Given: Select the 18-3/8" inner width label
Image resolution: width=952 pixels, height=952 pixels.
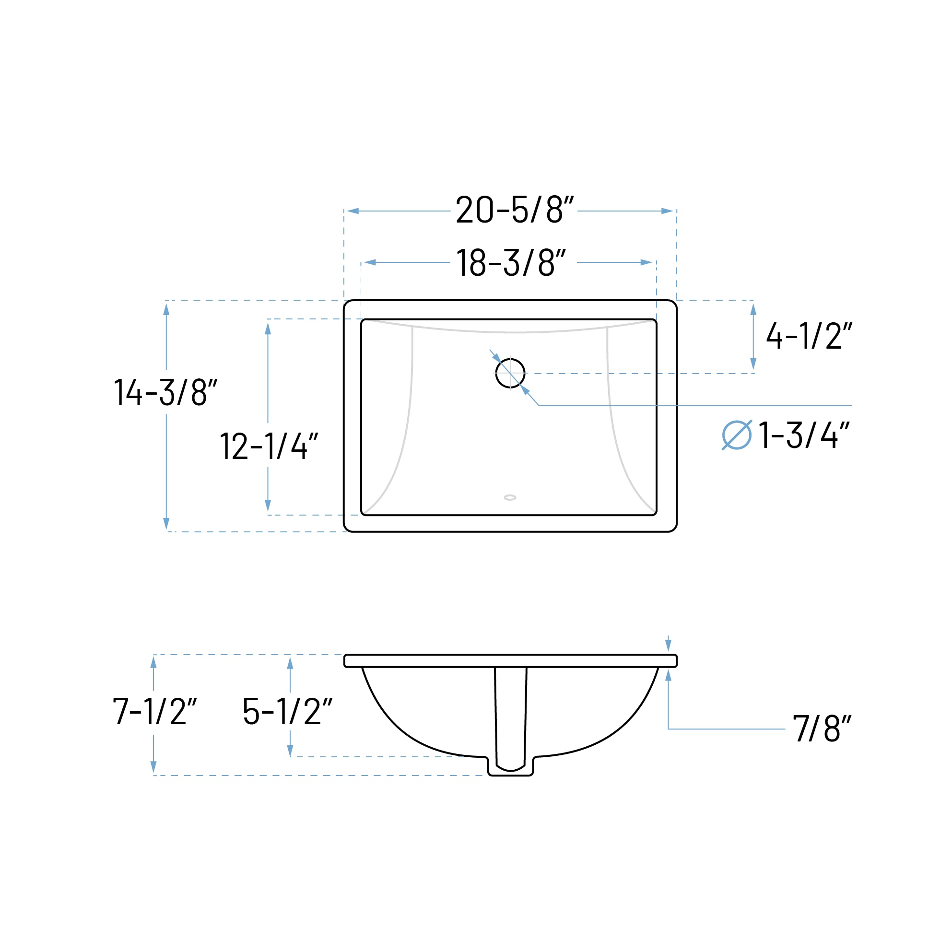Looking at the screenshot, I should pyautogui.click(x=511, y=263).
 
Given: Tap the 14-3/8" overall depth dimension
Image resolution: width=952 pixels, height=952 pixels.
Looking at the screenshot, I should pyautogui.click(x=165, y=392).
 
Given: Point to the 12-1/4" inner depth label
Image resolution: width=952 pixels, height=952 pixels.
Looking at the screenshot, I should pyautogui.click(x=269, y=446).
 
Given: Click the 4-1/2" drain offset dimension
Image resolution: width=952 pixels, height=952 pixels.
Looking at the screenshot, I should pyautogui.click(x=809, y=336).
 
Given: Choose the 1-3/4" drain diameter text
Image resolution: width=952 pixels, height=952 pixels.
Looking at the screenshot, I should pyautogui.click(x=804, y=435).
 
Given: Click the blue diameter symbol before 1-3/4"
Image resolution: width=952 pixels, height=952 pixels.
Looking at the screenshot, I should pyautogui.click(x=736, y=435).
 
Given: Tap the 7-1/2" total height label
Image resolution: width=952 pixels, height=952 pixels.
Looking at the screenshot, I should pyautogui.click(x=154, y=711).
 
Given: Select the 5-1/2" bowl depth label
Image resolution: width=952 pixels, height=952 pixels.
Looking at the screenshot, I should pyautogui.click(x=287, y=711).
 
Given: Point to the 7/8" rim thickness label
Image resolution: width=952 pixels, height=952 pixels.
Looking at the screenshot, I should pyautogui.click(x=822, y=729).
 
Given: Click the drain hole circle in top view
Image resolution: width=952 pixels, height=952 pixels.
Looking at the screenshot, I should pyautogui.click(x=510, y=374).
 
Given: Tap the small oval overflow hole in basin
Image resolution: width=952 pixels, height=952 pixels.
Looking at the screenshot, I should pyautogui.click(x=510, y=498).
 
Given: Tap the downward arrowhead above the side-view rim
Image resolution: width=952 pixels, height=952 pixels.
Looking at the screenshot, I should pyautogui.click(x=668, y=645).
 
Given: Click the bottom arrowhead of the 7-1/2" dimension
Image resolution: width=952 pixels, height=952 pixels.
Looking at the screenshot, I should pyautogui.click(x=153, y=767).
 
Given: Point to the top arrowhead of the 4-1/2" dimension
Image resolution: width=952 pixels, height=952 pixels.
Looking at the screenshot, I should pyautogui.click(x=753, y=309).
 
